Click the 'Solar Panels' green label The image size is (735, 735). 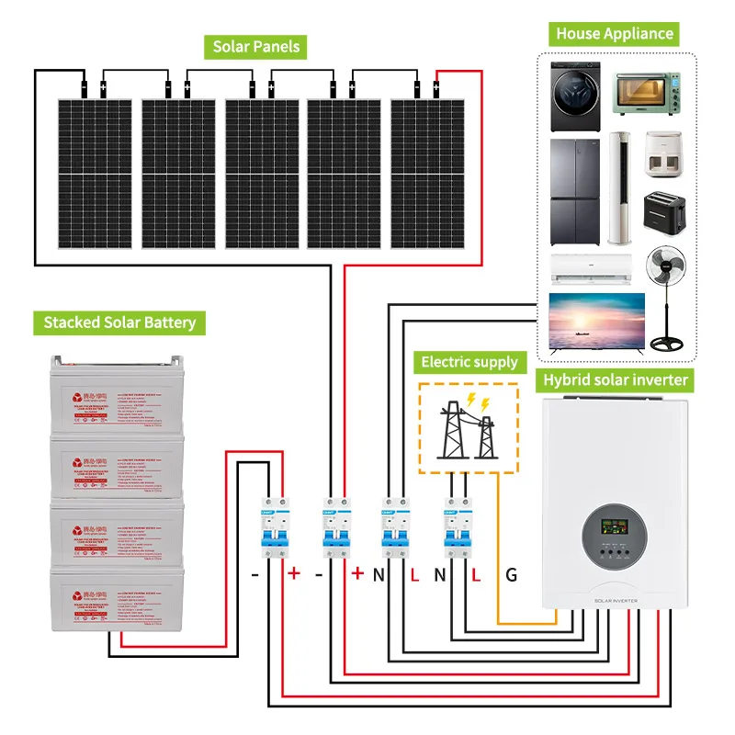coord(256,46)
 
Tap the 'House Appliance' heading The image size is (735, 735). coord(615,35)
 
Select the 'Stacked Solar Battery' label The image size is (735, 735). coord(119,322)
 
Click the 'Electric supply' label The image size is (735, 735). coord(470,361)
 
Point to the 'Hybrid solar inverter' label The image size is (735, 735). coord(616,379)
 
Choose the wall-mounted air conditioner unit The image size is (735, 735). coord(592,266)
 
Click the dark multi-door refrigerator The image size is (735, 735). coord(575,191)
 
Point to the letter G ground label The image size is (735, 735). coord(511,576)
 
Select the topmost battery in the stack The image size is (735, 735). coord(117,396)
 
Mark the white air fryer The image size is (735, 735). coord(663,154)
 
